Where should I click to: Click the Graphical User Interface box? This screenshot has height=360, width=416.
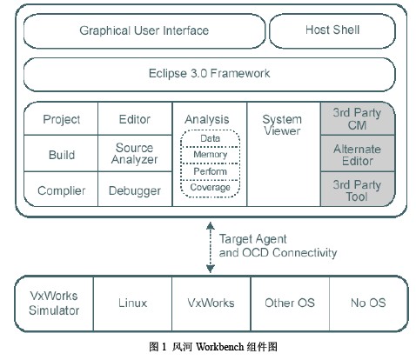pos(144,31)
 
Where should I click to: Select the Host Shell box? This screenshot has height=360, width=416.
pos(332,30)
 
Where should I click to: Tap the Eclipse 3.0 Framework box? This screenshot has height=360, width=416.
pos(209,74)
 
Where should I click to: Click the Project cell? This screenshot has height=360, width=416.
pos(61,118)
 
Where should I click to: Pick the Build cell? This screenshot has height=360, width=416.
pos(61,153)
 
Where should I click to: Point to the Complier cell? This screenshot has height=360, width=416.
pos(61,189)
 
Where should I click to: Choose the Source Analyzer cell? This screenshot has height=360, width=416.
pos(135,153)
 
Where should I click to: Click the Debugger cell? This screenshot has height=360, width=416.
pos(135,189)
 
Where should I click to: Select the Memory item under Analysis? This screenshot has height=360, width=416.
pos(210,155)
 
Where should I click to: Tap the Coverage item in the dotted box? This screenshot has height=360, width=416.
pos(210,189)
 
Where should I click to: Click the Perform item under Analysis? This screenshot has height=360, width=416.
pos(210,172)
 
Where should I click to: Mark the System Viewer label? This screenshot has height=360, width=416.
pos(282,125)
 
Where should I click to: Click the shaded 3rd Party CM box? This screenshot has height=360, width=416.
pos(358,118)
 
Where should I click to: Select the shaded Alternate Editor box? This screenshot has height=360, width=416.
pos(358,154)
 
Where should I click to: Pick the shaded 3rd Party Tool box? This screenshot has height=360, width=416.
pos(358,190)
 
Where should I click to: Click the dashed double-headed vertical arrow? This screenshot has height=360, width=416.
pos(211,247)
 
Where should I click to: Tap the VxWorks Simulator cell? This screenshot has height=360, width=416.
pos(54,303)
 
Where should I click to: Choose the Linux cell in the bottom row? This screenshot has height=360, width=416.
pos(132,303)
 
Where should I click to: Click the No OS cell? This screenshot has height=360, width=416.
pos(368,303)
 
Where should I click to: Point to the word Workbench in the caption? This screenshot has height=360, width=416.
pos(219,347)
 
